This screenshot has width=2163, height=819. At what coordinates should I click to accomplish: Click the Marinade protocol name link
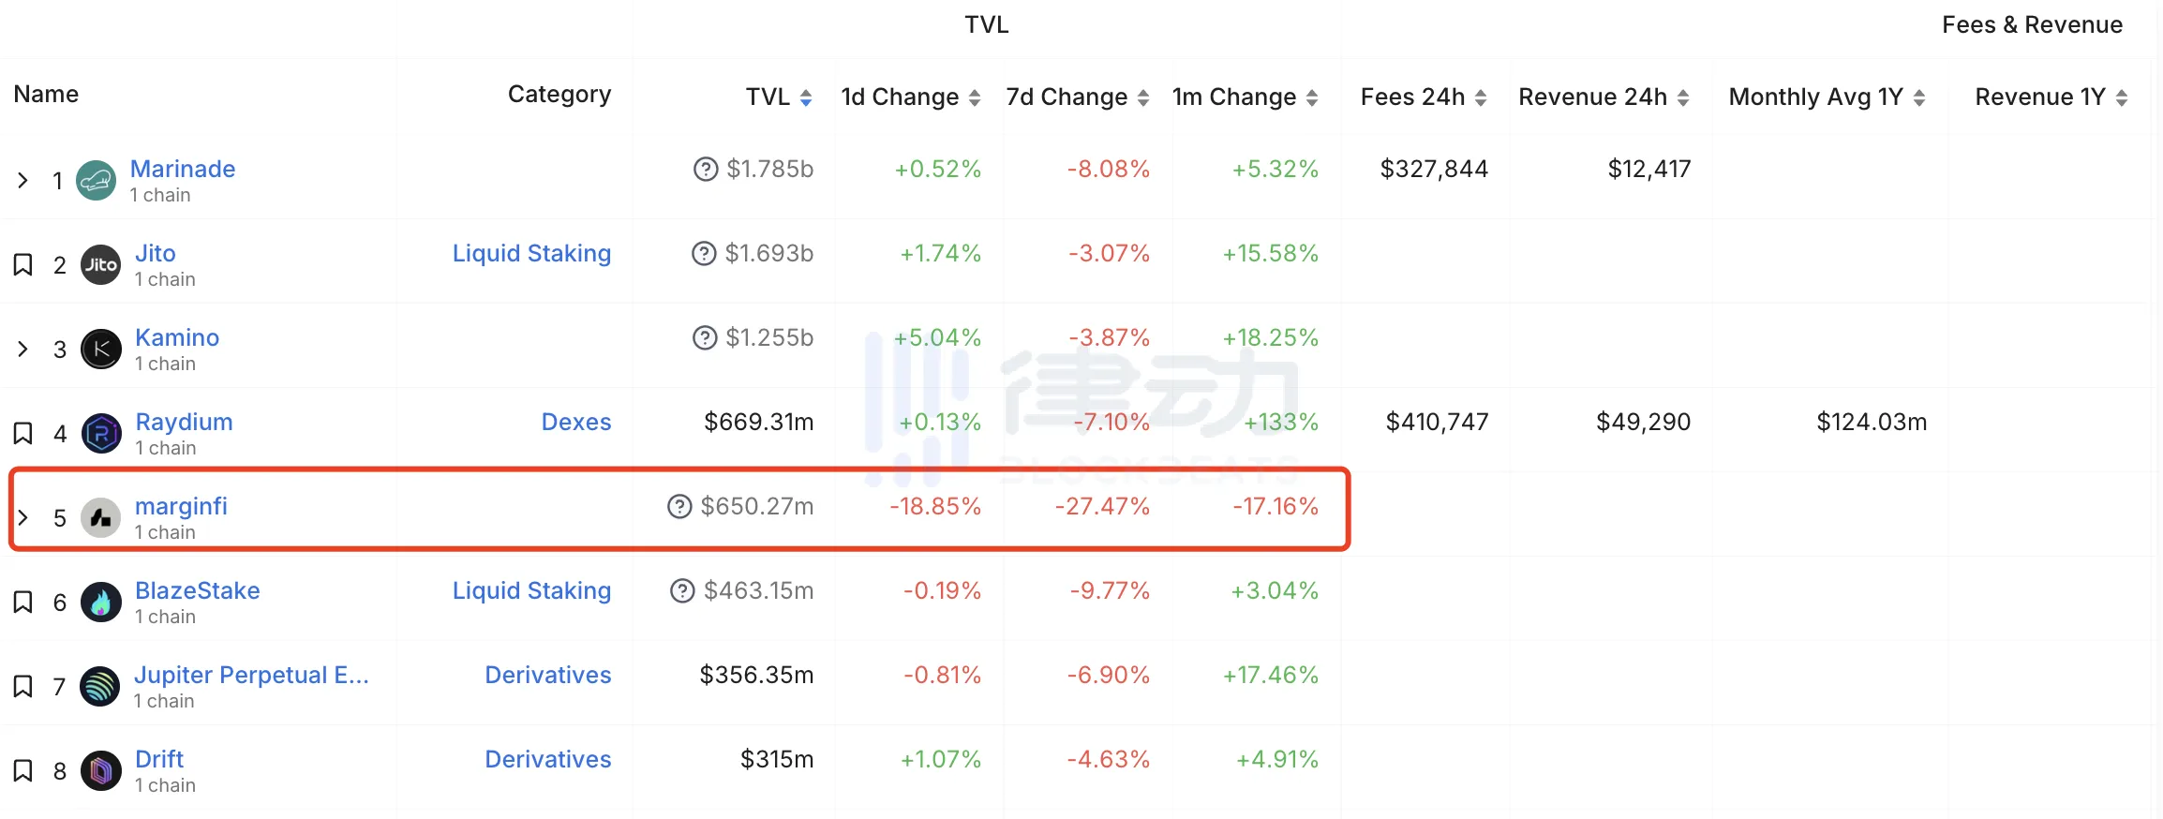click(x=182, y=169)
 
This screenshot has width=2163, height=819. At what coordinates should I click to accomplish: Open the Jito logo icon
click(x=100, y=265)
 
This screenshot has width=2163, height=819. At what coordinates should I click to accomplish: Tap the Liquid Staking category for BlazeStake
click(x=531, y=590)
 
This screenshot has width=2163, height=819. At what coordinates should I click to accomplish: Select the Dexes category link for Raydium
click(x=575, y=422)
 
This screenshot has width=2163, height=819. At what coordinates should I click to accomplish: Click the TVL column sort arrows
click(x=806, y=97)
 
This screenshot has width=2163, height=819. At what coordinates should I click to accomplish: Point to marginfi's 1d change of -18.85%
click(x=934, y=506)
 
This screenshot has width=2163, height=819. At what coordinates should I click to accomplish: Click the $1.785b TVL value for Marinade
click(x=769, y=169)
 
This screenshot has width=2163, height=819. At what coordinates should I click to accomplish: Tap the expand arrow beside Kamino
click(x=23, y=350)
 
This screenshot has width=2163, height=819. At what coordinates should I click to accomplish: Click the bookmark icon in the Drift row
click(x=23, y=770)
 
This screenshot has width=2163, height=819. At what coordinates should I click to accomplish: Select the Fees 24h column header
click(x=1412, y=97)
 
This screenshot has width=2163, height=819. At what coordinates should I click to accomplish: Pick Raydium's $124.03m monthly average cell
click(x=1871, y=422)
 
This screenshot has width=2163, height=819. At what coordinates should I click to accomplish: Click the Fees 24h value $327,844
click(x=1434, y=169)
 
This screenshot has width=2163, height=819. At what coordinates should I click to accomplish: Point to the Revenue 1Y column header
click(x=2040, y=97)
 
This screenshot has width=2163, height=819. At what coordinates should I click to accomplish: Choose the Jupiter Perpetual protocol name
click(x=251, y=675)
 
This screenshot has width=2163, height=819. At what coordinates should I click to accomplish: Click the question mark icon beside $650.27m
click(x=679, y=507)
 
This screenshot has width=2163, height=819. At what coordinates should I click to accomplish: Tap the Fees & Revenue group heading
click(x=2032, y=24)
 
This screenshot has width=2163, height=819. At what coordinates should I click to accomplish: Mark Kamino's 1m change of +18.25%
click(x=1270, y=337)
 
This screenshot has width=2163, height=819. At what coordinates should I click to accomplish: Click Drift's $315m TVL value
click(x=776, y=759)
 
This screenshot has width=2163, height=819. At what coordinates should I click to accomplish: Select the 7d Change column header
click(x=1067, y=97)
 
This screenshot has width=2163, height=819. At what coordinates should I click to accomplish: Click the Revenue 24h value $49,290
click(x=1643, y=422)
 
